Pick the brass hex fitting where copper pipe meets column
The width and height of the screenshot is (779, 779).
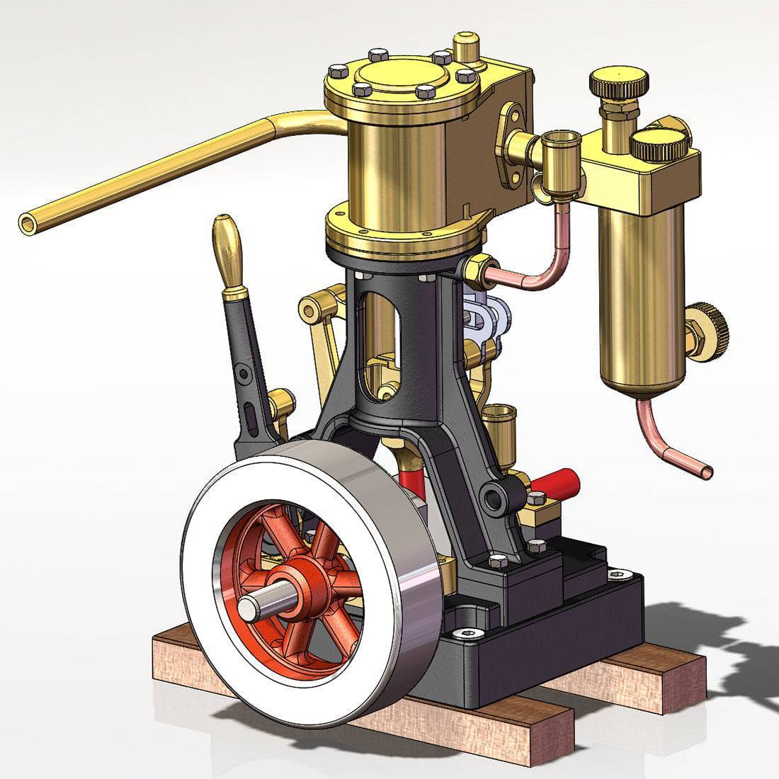point(477,268)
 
